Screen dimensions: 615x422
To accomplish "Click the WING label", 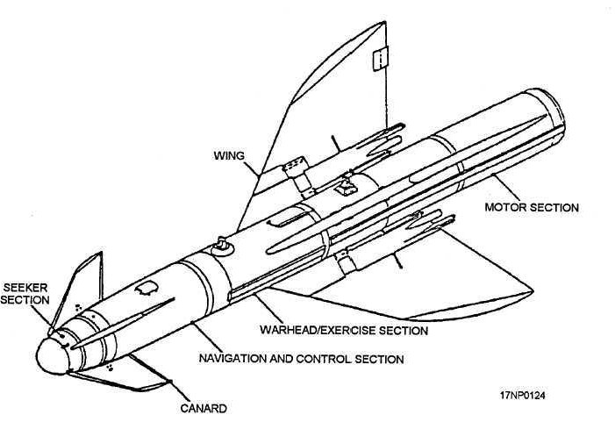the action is pyautogui.click(x=229, y=155).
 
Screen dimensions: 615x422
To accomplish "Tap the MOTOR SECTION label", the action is pyautogui.click(x=532, y=207).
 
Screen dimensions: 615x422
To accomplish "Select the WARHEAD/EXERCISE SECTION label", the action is pyautogui.click(x=344, y=330).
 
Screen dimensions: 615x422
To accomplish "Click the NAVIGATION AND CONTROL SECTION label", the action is pyautogui.click(x=301, y=359).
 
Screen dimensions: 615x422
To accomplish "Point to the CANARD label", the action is pyautogui.click(x=204, y=408).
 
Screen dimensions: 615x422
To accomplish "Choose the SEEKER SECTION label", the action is pyautogui.click(x=25, y=294).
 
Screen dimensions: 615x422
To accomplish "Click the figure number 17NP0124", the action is pyautogui.click(x=522, y=396).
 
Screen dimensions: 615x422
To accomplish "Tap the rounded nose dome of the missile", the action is pyautogui.click(x=52, y=356).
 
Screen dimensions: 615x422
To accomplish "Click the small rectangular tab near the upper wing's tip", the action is pyautogui.click(x=380, y=59).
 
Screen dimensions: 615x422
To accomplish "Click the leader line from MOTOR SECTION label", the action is pyautogui.click(x=506, y=188).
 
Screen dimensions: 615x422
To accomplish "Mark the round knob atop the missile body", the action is pyautogui.click(x=222, y=247).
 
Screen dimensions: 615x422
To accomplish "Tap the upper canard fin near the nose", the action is pyautogui.click(x=78, y=290).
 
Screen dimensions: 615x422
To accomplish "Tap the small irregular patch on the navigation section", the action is pyautogui.click(x=147, y=289).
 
